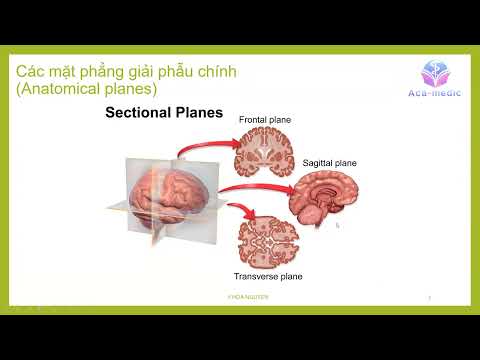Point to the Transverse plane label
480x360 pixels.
click(268, 275)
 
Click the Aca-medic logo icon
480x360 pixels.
click(436, 70)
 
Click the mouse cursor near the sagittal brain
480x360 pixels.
click(337, 225)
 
